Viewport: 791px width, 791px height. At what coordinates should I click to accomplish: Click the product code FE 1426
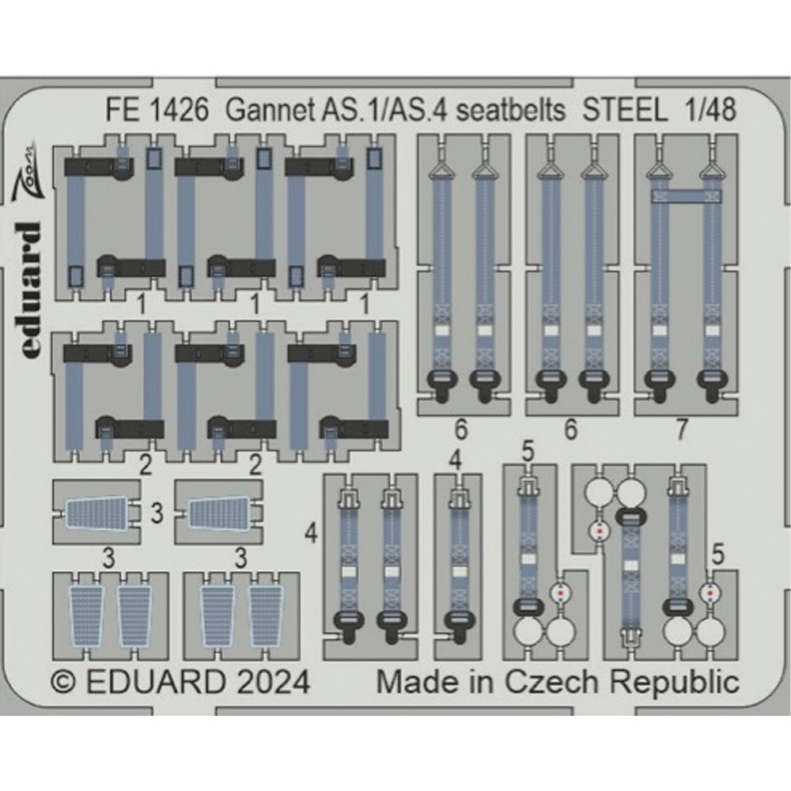tap(156, 112)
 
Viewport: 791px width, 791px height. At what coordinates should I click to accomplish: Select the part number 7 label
tap(682, 430)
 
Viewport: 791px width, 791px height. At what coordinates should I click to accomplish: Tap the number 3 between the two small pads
tap(157, 516)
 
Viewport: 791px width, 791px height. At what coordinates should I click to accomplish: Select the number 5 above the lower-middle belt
tap(528, 453)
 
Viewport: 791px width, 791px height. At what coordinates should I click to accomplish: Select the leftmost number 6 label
tap(461, 430)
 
